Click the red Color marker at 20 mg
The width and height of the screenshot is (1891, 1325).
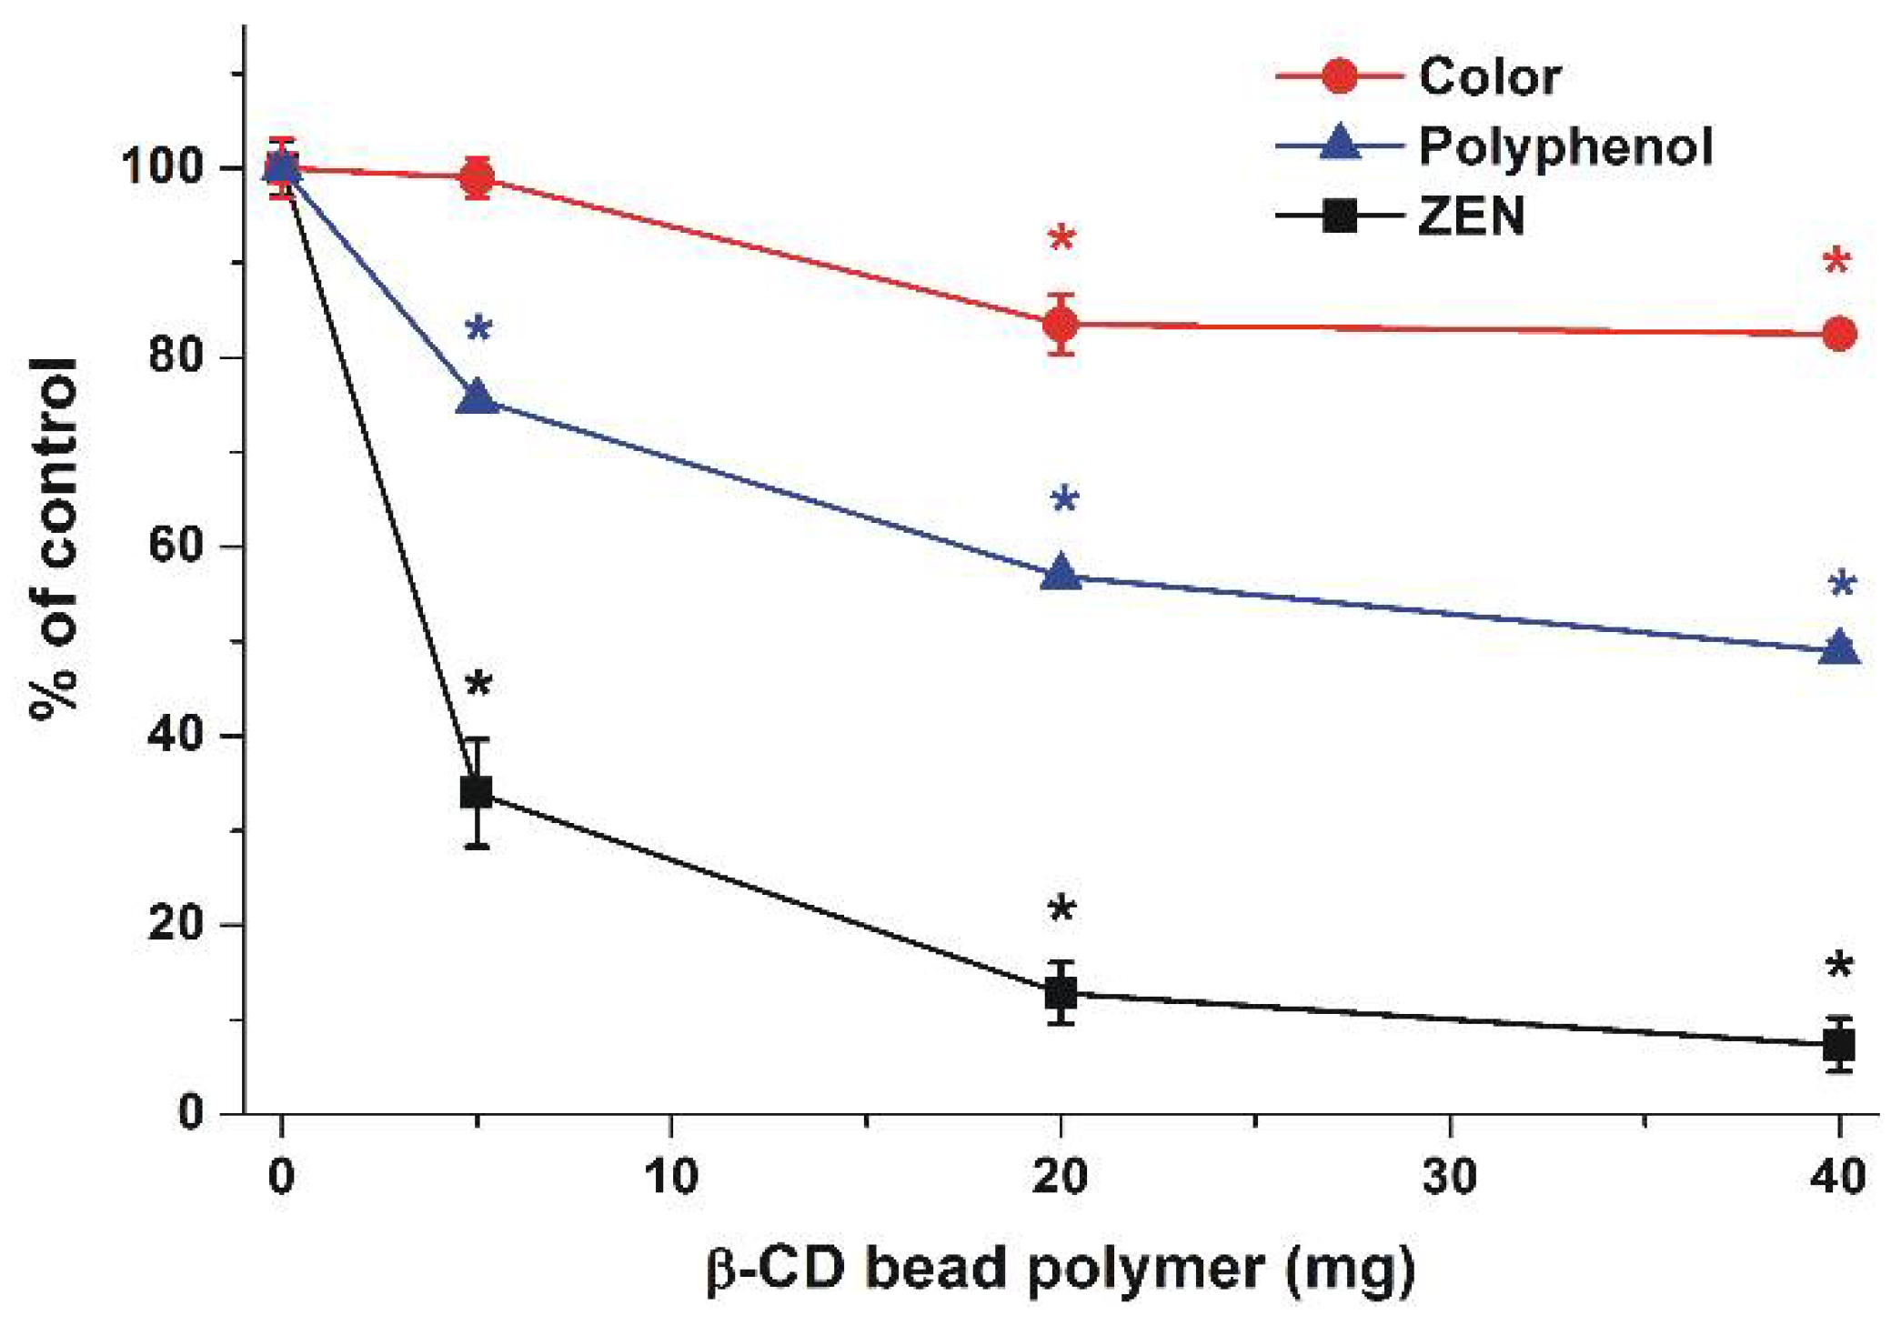(x=1061, y=324)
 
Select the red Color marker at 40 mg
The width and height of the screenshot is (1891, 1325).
(x=1839, y=334)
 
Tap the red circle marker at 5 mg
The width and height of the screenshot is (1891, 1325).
(x=478, y=177)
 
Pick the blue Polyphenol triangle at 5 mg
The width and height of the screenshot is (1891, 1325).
(x=478, y=397)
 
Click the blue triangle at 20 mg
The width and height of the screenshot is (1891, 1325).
(x=1061, y=574)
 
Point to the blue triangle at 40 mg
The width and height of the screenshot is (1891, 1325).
(x=1839, y=648)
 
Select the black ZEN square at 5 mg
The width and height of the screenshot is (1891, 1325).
(x=478, y=792)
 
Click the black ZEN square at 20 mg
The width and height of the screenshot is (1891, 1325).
(x=1061, y=992)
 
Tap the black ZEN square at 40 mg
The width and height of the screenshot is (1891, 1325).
(x=1839, y=1045)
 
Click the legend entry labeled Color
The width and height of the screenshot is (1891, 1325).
(x=1489, y=76)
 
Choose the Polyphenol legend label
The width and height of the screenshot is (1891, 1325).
(x=1564, y=146)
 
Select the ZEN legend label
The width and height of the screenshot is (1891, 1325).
(x=1471, y=216)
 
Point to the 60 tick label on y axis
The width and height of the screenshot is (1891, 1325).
(x=176, y=546)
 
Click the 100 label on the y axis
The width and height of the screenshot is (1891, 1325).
(x=162, y=167)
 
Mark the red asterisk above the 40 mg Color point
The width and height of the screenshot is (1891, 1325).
(x=1836, y=261)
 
